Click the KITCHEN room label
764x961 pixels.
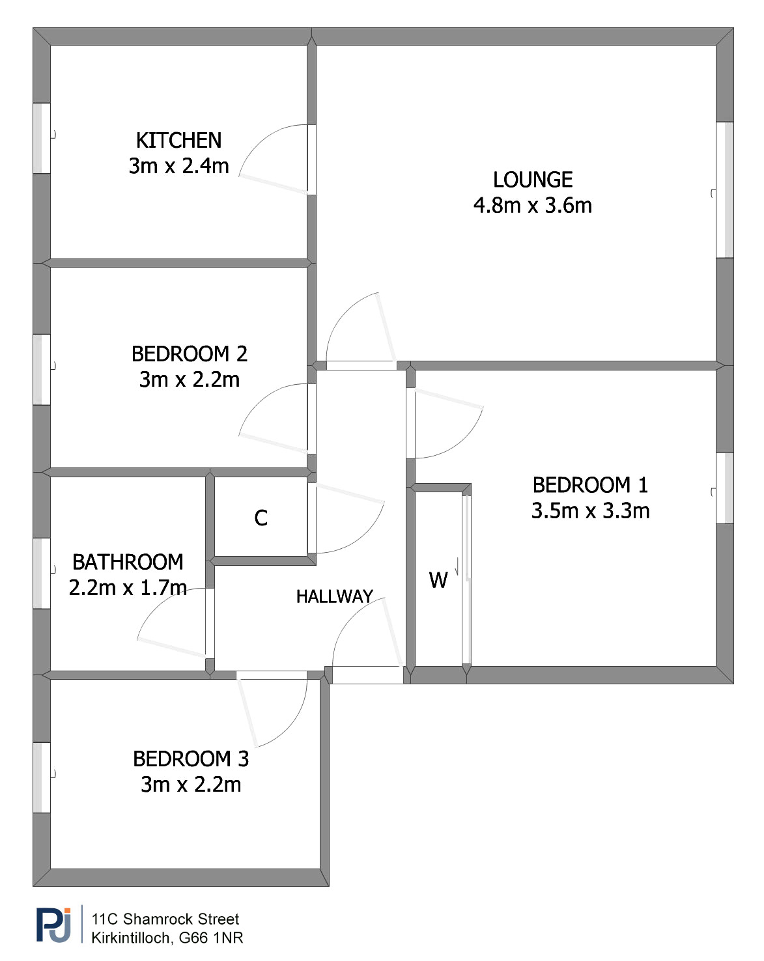pyautogui.click(x=178, y=140)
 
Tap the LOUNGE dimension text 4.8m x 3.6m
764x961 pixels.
pyautogui.click(x=532, y=206)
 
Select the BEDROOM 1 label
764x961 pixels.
pyautogui.click(x=589, y=485)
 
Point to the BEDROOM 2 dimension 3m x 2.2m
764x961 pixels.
pyautogui.click(x=189, y=380)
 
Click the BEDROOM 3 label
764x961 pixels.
pyautogui.click(x=191, y=759)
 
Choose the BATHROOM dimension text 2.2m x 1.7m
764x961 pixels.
pyautogui.click(x=128, y=588)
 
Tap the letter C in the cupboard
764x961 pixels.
pyautogui.click(x=261, y=518)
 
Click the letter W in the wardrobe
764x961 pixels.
pyautogui.click(x=438, y=580)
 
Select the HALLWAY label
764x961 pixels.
pyautogui.click(x=334, y=596)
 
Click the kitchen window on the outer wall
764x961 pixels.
pyautogui.click(x=42, y=139)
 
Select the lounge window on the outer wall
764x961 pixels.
pyautogui.click(x=725, y=189)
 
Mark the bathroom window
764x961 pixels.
pyautogui.click(x=42, y=574)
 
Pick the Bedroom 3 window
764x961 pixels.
pyautogui.click(x=42, y=777)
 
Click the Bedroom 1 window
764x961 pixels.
pyautogui.click(x=725, y=488)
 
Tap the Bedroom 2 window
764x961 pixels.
pyautogui.click(x=42, y=370)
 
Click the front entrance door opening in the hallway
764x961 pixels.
pyautogui.click(x=368, y=675)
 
